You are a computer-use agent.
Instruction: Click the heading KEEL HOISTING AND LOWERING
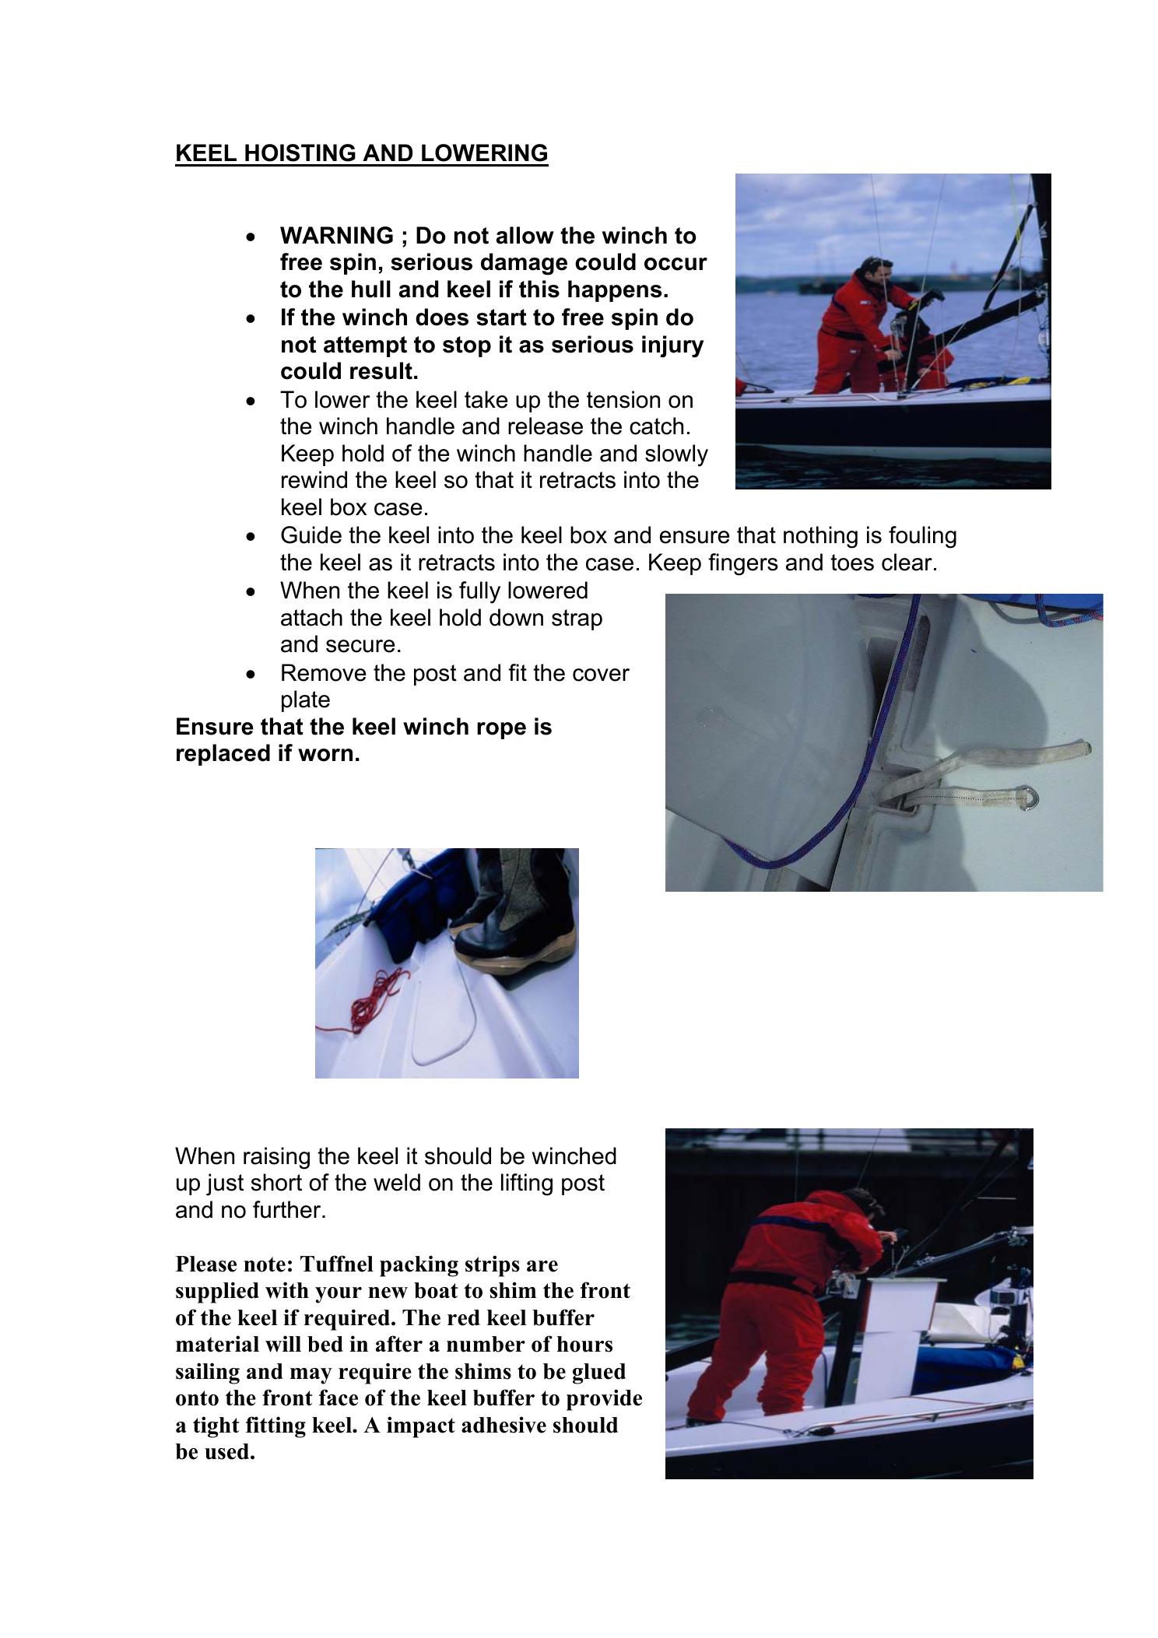(361, 153)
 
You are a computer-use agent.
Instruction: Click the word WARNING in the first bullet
(337, 236)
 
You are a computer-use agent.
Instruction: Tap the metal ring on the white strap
(1030, 798)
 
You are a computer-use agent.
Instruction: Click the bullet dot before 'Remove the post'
(250, 673)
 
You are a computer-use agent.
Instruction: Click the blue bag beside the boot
(416, 907)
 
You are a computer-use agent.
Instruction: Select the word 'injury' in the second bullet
(669, 345)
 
